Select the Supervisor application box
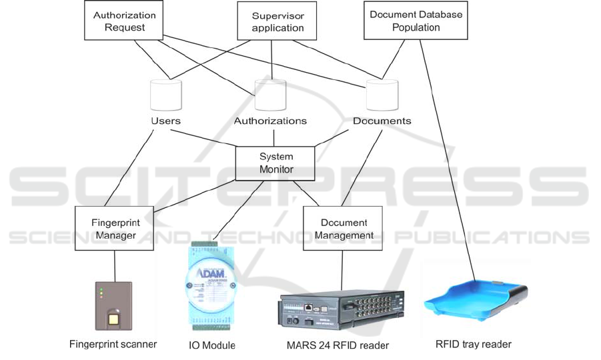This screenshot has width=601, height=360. [277, 21]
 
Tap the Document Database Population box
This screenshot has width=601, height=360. [416, 21]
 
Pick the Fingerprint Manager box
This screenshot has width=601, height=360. [114, 228]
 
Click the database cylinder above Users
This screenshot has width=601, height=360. [165, 96]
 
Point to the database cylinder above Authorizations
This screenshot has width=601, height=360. [270, 96]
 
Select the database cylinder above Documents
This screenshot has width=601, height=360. [382, 96]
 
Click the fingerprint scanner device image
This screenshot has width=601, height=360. [115, 306]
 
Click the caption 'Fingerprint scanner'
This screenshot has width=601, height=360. [113, 344]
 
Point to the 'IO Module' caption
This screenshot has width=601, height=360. [212, 345]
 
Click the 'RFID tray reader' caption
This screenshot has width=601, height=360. [474, 344]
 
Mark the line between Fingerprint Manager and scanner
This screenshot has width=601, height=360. [115, 266]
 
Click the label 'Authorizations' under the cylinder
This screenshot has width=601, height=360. [270, 121]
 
